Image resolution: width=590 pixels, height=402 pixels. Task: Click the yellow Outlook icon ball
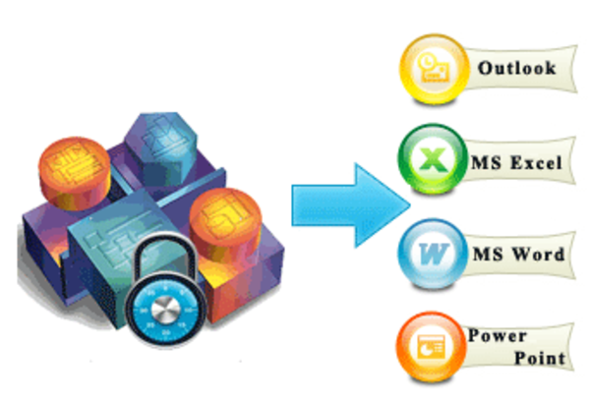(434, 69)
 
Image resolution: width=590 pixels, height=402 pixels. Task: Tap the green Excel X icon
(433, 159)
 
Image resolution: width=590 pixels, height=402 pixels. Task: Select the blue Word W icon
(433, 254)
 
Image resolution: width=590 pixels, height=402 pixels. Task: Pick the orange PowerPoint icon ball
(431, 346)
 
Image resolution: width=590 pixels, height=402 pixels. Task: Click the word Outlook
(516, 68)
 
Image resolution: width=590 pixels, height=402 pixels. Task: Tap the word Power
(497, 335)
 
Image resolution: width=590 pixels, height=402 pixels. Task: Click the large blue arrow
(350, 205)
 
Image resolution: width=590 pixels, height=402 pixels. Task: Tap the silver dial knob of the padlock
(165, 311)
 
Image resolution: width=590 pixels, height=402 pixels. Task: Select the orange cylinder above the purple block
(75, 173)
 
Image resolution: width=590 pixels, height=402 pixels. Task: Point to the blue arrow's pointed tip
(410, 205)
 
